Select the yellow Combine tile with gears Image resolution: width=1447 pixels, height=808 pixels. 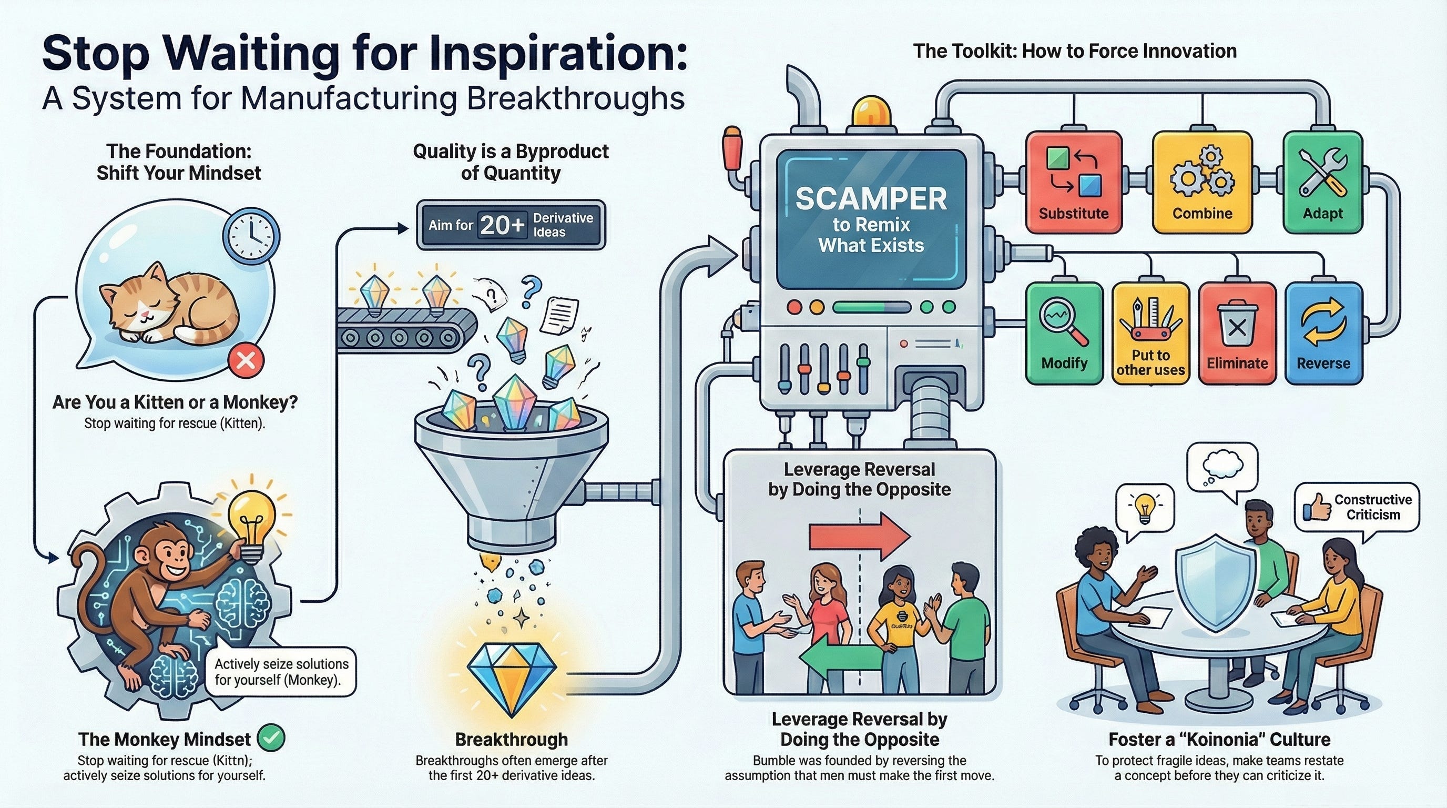[x=1202, y=182]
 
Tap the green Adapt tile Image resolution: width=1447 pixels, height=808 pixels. [x=1323, y=182]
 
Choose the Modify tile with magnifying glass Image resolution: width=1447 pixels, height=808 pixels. [x=1064, y=333]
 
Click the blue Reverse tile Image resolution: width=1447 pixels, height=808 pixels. [x=1323, y=333]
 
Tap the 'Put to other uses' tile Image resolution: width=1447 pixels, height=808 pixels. [x=1150, y=333]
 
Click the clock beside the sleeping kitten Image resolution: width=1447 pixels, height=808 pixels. [x=251, y=238]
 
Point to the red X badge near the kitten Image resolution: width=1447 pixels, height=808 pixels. [x=246, y=360]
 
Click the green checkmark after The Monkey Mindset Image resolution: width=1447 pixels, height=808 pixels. [x=271, y=738]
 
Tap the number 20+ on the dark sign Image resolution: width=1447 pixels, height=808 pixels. [x=502, y=225]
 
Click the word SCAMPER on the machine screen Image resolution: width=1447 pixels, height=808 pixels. [x=871, y=199]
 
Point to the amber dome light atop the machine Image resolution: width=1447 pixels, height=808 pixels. [x=871, y=110]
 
